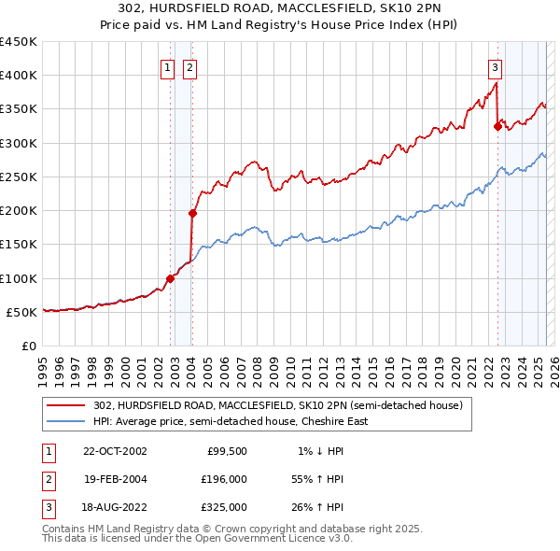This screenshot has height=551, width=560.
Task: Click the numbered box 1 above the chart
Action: click(166, 67)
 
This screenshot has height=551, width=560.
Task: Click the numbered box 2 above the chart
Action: click(189, 67)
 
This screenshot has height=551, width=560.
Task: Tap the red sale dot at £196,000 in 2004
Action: click(192, 213)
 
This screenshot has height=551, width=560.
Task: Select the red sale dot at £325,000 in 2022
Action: click(497, 126)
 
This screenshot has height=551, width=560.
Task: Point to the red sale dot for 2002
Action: click(171, 277)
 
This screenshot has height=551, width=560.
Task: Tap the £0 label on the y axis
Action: click(29, 346)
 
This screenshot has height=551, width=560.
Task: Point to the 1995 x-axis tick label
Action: click(44, 367)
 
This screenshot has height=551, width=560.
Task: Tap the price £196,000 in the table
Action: click(223, 479)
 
